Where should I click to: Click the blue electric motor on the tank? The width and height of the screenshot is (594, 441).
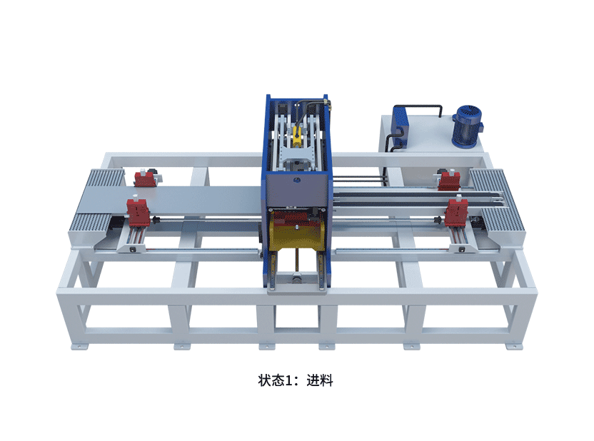tap(468, 126)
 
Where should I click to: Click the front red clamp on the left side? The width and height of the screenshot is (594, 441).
tap(137, 213)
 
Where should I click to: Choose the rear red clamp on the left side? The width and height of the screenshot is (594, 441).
tap(145, 178)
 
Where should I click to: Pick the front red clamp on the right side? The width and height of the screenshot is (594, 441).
tap(456, 213)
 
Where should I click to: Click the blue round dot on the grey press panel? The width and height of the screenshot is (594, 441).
tap(297, 181)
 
